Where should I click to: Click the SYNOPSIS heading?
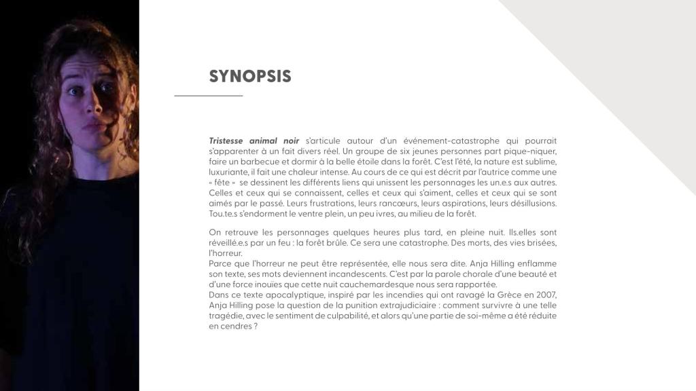click(x=250, y=76)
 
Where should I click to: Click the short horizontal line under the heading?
click(x=208, y=96)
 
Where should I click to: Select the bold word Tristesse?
click(x=229, y=141)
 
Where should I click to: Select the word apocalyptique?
click(x=281, y=295)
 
